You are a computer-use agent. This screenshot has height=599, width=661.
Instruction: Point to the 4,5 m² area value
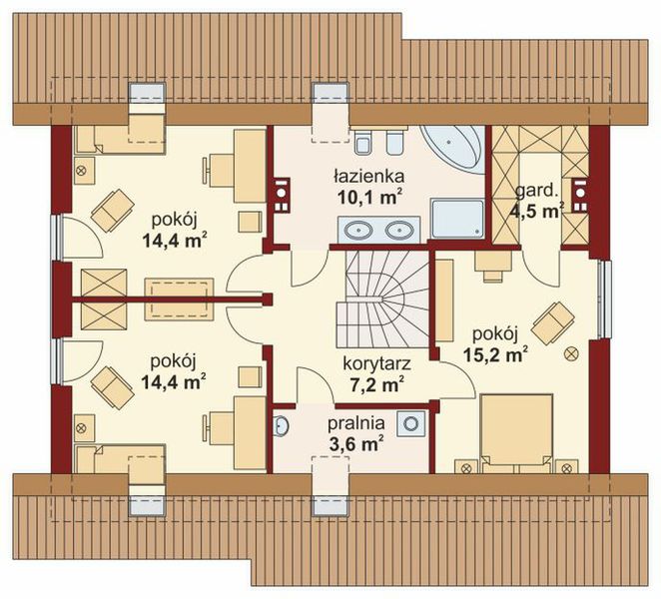coord(537,210)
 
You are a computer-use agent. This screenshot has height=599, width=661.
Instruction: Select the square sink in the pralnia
coord(410,423)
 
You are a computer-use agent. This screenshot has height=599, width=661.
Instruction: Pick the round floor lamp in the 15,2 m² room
coord(572,352)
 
